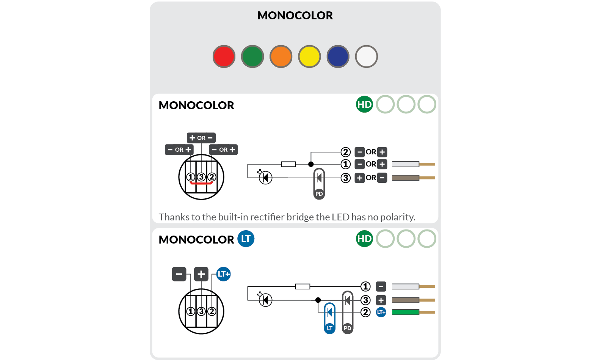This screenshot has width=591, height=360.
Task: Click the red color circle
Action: tap(224, 57)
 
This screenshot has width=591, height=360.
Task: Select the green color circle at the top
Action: tap(252, 57)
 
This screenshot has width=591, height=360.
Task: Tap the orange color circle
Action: tap(281, 57)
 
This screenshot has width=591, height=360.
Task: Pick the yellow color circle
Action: tap(309, 57)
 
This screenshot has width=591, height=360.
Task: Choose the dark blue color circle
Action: tap(338, 57)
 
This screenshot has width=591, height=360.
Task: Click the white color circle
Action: tap(366, 57)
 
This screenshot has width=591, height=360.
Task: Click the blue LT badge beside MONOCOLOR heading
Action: tap(246, 239)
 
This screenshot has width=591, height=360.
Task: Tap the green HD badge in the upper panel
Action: tap(364, 104)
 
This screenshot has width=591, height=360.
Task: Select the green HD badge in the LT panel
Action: tap(364, 239)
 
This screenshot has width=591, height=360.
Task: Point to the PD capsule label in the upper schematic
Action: tap(319, 193)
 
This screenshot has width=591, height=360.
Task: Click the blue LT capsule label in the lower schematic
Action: tap(329, 328)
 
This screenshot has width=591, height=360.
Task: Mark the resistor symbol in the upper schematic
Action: tap(288, 164)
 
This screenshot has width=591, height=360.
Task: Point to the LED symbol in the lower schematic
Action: tap(265, 300)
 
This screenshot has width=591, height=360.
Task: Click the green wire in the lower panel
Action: tap(406, 312)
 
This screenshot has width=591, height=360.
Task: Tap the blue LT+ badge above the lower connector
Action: tap(224, 274)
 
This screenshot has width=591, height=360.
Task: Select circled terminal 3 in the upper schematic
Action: tap(345, 178)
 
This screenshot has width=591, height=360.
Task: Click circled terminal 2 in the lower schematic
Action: tap(365, 312)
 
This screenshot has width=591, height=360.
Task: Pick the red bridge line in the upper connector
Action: tap(201, 183)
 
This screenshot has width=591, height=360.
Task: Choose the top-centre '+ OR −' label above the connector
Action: tap(201, 138)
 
